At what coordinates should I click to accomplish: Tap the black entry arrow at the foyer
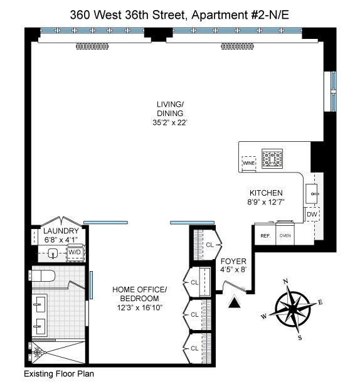(235, 304)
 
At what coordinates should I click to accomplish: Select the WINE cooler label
(249, 163)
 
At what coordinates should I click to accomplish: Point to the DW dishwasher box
(312, 215)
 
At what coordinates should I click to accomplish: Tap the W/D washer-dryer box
(75, 252)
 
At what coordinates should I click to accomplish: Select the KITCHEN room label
(267, 193)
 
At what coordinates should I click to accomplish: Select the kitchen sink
(312, 191)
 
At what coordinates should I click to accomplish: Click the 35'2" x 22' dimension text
(169, 122)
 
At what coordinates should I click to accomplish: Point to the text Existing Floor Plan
(58, 375)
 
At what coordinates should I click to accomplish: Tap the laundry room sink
(54, 253)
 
